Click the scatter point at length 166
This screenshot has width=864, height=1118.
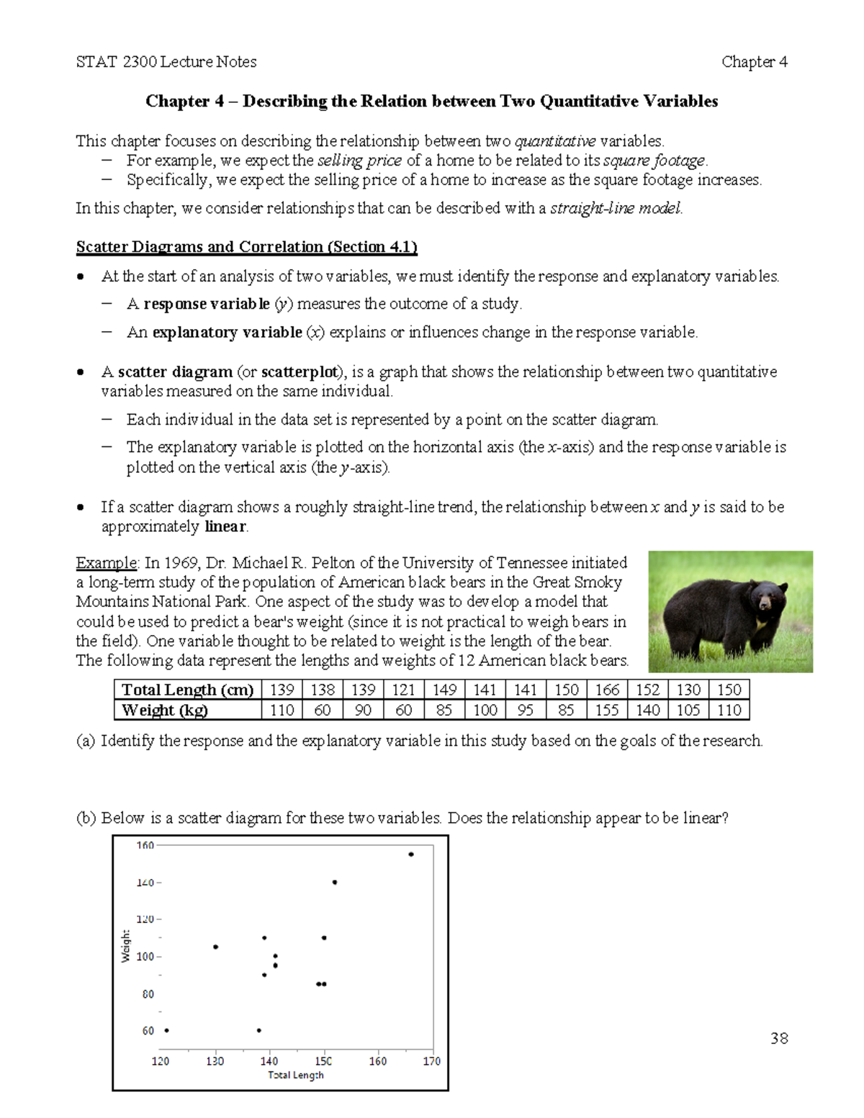click(410, 855)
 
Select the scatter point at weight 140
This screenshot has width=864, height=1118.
click(335, 882)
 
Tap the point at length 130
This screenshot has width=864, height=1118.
click(215, 947)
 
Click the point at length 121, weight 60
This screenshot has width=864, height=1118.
click(166, 1030)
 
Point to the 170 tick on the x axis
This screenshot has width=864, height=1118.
click(431, 1060)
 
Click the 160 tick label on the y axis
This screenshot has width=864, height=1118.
click(145, 845)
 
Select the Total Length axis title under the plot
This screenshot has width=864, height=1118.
click(296, 1075)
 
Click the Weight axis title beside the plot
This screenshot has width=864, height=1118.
click(126, 945)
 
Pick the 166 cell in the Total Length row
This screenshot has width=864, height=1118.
click(607, 690)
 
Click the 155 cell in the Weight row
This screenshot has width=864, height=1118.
click(607, 710)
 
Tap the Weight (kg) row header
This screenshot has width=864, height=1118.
click(165, 710)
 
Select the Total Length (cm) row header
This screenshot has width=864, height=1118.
click(187, 690)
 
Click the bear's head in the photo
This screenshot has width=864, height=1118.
click(767, 597)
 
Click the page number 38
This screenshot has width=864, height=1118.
click(779, 1038)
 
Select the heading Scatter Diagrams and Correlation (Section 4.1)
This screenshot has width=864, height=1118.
click(246, 247)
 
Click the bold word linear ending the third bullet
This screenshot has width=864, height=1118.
click(225, 526)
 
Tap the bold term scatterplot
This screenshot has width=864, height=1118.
click(300, 372)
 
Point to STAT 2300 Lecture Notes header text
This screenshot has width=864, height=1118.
click(166, 62)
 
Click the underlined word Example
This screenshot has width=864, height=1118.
click(107, 562)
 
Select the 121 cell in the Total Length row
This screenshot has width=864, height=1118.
click(403, 690)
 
